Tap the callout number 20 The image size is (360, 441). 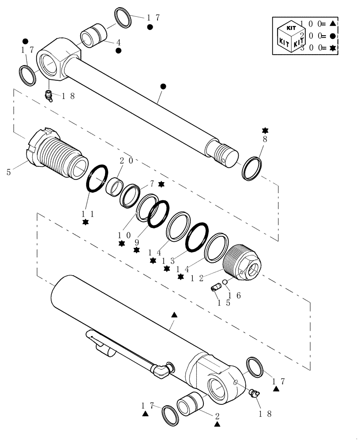126,161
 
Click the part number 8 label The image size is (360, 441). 265,139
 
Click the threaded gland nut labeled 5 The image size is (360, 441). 55,152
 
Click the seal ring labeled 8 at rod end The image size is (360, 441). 252,168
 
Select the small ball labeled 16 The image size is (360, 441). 225,282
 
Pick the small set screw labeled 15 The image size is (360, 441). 216,288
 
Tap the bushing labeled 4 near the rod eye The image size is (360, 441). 93,35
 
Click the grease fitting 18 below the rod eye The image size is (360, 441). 49,95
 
